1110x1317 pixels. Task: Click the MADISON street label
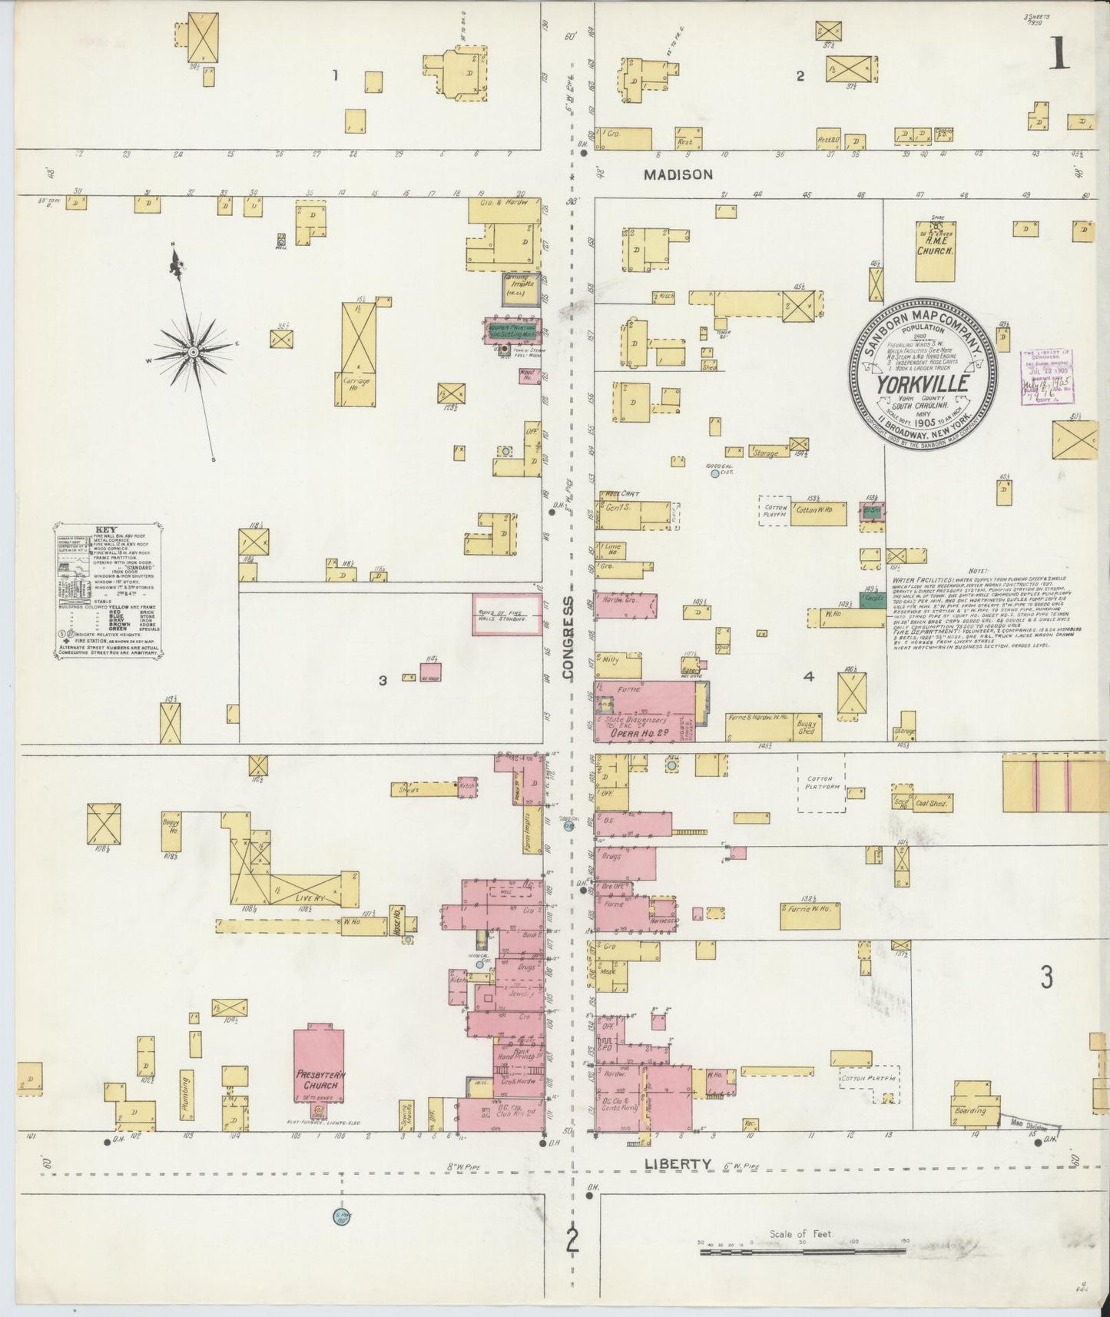pos(678,175)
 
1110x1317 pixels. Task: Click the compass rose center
pos(194,352)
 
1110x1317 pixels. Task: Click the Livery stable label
pos(296,897)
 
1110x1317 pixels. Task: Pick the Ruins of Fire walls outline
pos(507,614)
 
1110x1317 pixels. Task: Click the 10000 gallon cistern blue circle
pos(715,474)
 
